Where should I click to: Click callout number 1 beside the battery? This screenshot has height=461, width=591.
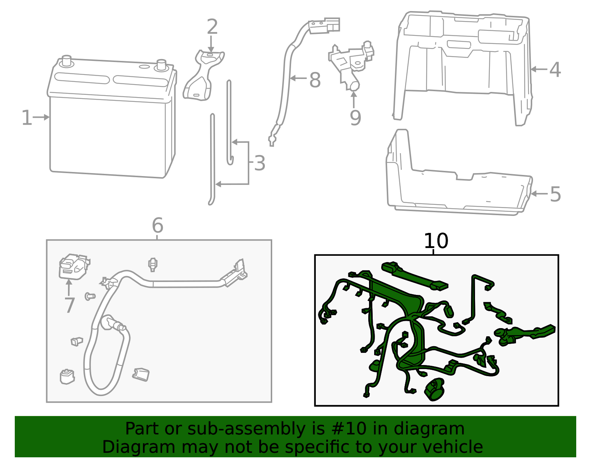pyautogui.click(x=27, y=118)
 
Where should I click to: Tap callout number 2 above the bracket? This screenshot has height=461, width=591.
pyautogui.click(x=212, y=27)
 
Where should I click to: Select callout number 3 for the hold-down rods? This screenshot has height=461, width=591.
pyautogui.click(x=260, y=163)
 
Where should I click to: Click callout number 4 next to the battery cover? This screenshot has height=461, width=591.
pyautogui.click(x=555, y=69)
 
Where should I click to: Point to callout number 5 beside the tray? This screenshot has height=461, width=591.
pyautogui.click(x=555, y=194)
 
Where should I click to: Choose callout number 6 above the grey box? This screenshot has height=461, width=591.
pyautogui.click(x=157, y=225)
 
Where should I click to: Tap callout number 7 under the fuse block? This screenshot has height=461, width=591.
pyautogui.click(x=69, y=305)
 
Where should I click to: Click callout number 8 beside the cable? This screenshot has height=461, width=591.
pyautogui.click(x=315, y=80)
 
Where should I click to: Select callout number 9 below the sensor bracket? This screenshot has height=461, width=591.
pyautogui.click(x=355, y=118)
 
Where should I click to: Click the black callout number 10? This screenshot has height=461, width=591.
pyautogui.click(x=436, y=241)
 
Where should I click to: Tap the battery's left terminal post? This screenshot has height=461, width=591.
pyautogui.click(x=66, y=61)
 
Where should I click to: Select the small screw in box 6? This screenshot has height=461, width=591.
pyautogui.click(x=90, y=296)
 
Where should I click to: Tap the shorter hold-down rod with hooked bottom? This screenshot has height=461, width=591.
pyautogui.click(x=229, y=122)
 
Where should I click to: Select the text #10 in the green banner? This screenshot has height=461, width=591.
pyautogui.click(x=349, y=429)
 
